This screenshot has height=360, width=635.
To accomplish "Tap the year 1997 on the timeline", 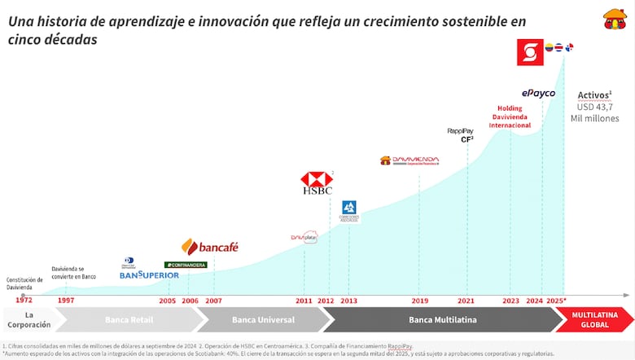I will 66,301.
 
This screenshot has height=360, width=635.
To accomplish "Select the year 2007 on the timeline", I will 213,301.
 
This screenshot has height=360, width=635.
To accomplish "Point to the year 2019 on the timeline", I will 419,301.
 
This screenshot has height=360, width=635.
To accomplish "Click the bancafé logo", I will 209,247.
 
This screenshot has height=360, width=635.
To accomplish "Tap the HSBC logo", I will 316,183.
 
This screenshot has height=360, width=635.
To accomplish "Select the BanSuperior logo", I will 149,275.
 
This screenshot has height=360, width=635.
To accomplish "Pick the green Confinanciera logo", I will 186,265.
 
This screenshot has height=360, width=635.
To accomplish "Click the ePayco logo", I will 538,93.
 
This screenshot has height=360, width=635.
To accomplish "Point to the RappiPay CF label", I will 461,134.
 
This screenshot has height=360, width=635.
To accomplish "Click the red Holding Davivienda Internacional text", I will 510,116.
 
